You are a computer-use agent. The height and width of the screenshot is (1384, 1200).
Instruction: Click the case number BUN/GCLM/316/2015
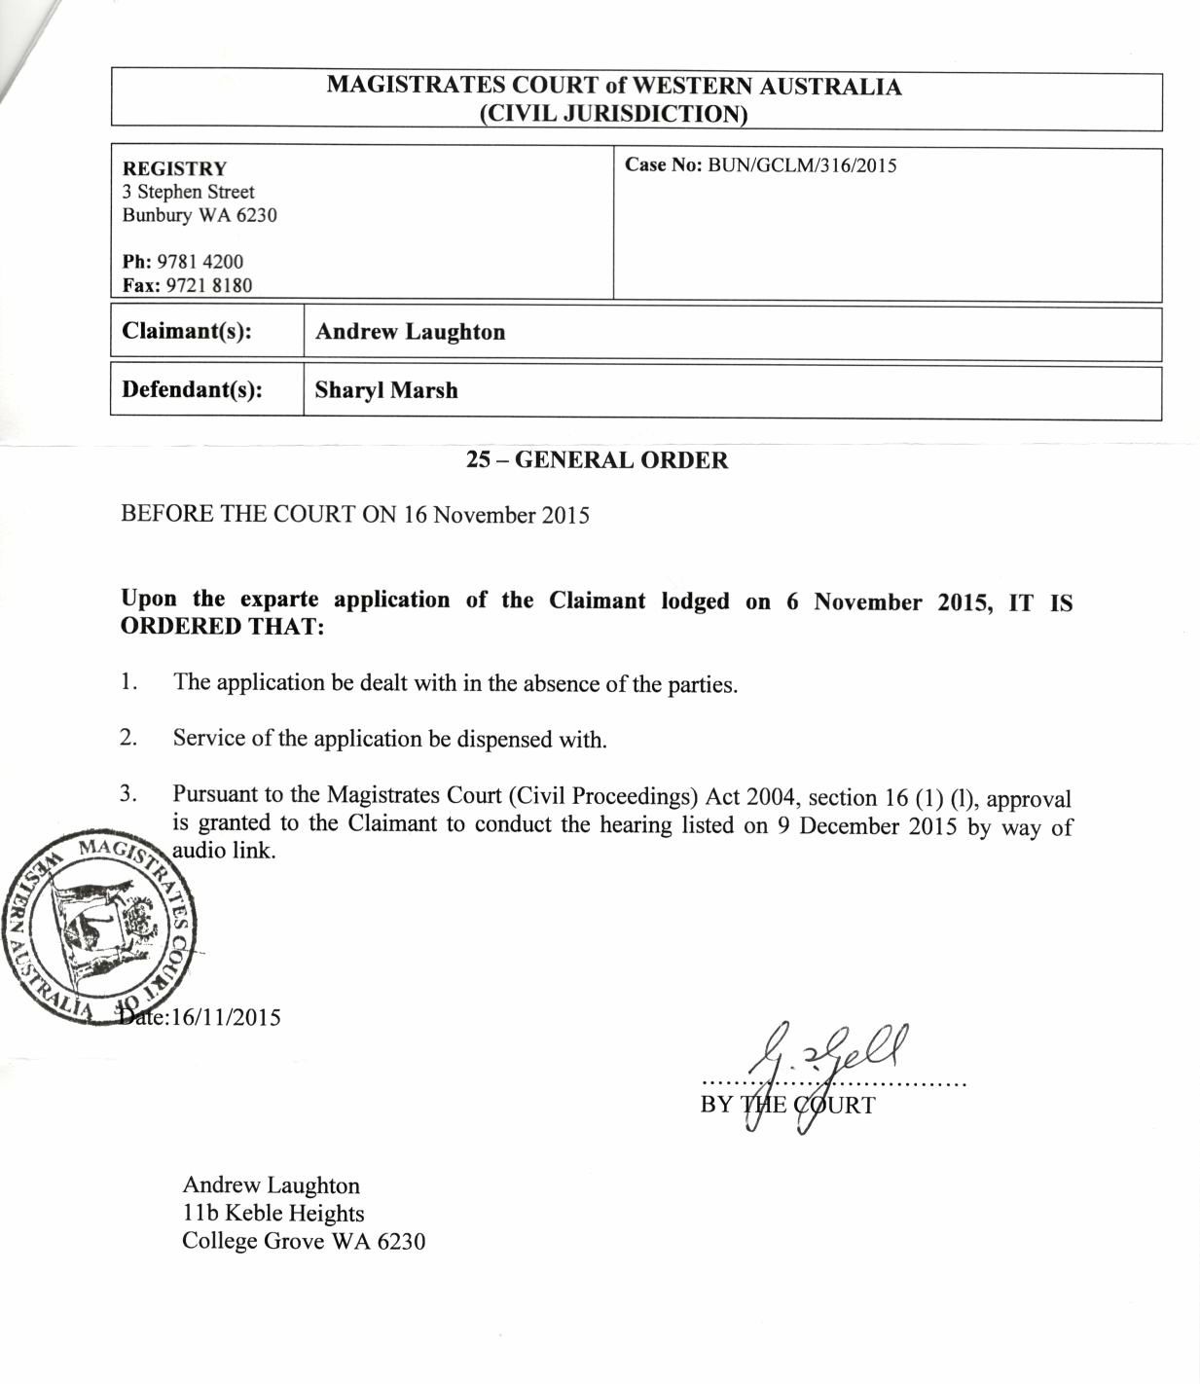pos(802,164)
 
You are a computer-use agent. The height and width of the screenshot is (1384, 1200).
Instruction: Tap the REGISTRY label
pos(174,168)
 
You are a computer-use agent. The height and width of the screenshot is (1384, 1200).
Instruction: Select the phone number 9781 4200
pos(200,262)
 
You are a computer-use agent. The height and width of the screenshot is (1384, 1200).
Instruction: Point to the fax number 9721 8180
pos(208,285)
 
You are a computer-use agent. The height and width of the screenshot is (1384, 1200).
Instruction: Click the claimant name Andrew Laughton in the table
pos(410,332)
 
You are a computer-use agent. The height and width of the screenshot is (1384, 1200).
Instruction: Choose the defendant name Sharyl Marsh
pos(385,390)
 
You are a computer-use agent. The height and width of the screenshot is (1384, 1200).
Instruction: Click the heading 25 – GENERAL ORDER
pos(597,460)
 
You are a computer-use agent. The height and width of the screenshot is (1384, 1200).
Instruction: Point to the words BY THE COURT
pos(787,1106)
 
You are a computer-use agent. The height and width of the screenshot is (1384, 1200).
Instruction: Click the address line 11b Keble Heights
pos(273,1214)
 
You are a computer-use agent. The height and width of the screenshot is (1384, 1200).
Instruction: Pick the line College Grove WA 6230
pos(304,1241)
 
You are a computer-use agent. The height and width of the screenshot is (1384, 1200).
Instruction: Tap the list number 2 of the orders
pos(128,738)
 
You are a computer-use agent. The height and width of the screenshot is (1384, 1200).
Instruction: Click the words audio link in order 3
pos(224,850)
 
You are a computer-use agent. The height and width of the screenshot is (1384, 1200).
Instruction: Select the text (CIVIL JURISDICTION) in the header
pos(613,114)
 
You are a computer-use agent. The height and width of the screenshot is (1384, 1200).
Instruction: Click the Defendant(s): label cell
pos(192,390)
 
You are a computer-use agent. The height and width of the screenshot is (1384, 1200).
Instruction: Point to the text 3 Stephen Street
pos(188,192)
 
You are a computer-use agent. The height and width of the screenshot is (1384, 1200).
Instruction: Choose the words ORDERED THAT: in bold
pos(222,626)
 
